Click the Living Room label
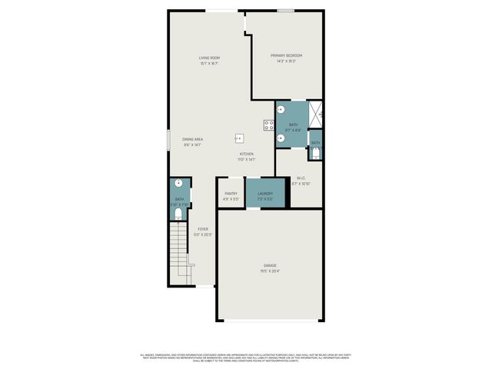point(209,58)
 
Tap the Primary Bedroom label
point(286,55)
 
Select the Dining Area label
point(192,139)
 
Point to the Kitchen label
point(246,155)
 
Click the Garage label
point(269,265)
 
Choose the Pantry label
point(231,193)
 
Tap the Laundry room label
point(265,193)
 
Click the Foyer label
point(203,229)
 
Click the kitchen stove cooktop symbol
point(269,125)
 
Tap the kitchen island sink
point(239,138)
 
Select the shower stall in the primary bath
point(316,115)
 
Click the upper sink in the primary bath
point(281,109)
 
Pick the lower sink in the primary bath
point(281,138)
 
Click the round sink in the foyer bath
point(179,183)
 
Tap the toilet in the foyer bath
point(178,217)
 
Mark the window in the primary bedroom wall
point(286,10)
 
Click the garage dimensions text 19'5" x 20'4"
point(269,271)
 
